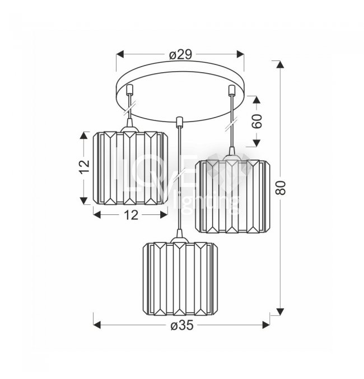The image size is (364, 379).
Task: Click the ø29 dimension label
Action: pyautogui.click(x=180, y=55)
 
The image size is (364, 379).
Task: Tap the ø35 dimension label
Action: pyautogui.click(x=182, y=325)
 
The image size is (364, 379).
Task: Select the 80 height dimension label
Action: pyautogui.click(x=281, y=188)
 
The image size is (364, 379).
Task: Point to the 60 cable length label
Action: pyautogui.click(x=256, y=121)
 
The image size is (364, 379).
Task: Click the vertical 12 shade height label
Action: pyautogui.click(x=84, y=166)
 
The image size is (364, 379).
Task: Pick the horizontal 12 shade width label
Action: pyautogui.click(x=131, y=214)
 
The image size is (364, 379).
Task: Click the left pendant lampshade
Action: pyautogui.click(x=130, y=169)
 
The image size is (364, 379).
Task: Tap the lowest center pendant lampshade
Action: pyautogui.click(x=180, y=279)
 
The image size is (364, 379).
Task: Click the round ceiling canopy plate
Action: pyautogui.click(x=180, y=92)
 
